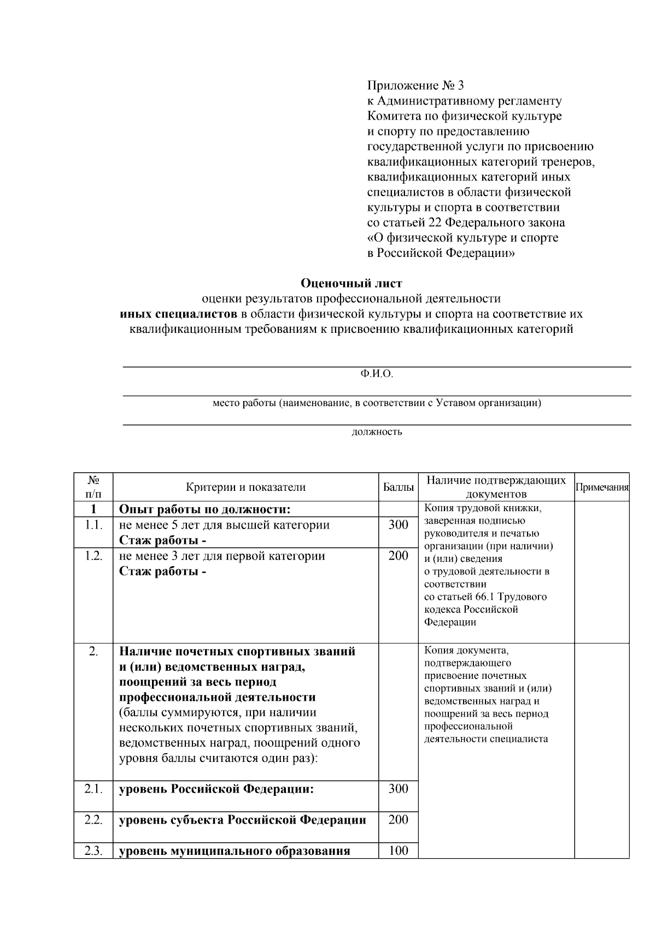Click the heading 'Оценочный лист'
click(x=352, y=283)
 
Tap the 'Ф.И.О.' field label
click(x=377, y=374)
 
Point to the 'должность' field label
click(x=377, y=432)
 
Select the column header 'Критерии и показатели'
click(x=245, y=487)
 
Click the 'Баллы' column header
click(x=398, y=487)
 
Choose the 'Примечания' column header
click(x=602, y=487)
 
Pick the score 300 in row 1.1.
click(x=398, y=525)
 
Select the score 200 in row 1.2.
click(x=398, y=556)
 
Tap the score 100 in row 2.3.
click(x=398, y=851)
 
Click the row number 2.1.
click(x=93, y=789)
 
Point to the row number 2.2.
click(x=93, y=819)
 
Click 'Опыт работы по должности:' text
click(x=204, y=509)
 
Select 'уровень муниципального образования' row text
click(x=235, y=852)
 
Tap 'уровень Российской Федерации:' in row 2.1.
click(x=216, y=789)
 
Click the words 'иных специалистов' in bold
click(x=179, y=314)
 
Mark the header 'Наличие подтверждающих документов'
click(x=496, y=487)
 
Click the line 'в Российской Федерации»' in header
click(x=441, y=253)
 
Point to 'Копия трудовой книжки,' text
click(x=482, y=508)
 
